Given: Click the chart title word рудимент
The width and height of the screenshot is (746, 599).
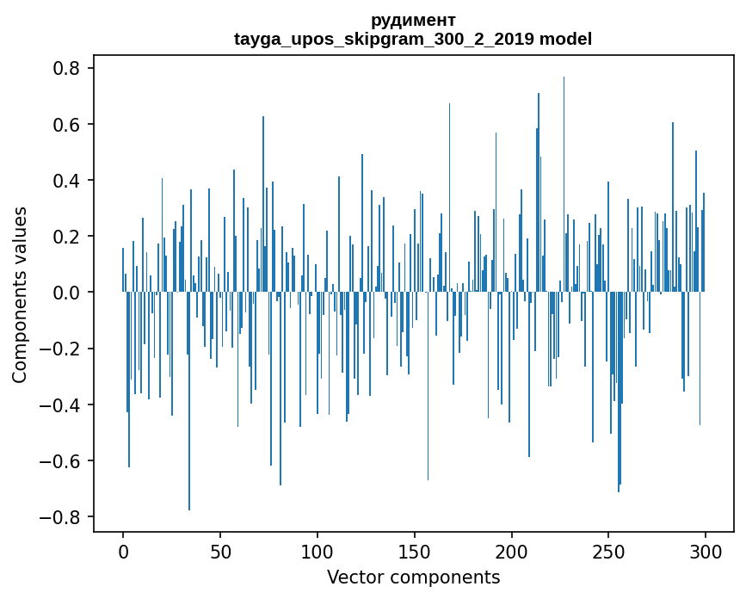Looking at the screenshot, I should (x=413, y=20).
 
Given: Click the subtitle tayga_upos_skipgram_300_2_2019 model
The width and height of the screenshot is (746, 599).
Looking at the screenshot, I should (x=413, y=39).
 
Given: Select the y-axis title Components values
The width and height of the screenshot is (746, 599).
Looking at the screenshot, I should (x=19, y=294).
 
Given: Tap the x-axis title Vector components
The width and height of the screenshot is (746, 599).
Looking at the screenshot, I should (x=413, y=577).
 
